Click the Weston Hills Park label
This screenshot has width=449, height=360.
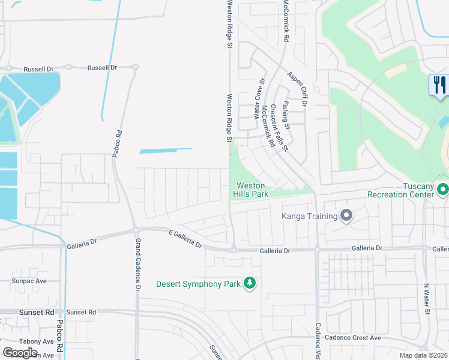pyautogui.click(x=251, y=190)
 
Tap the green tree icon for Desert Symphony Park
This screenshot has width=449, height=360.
pyautogui.click(x=250, y=283)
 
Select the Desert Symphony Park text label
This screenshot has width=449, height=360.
pyautogui.click(x=198, y=283)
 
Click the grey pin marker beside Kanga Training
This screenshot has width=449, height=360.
pyautogui.click(x=346, y=215)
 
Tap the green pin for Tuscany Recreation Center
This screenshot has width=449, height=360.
pyautogui.click(x=443, y=190)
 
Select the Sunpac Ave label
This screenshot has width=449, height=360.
pyautogui.click(x=29, y=280)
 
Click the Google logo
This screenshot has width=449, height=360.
pyautogui.click(x=20, y=352)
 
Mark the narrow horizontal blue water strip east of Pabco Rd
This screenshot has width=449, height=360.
pyautogui.click(x=166, y=151)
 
